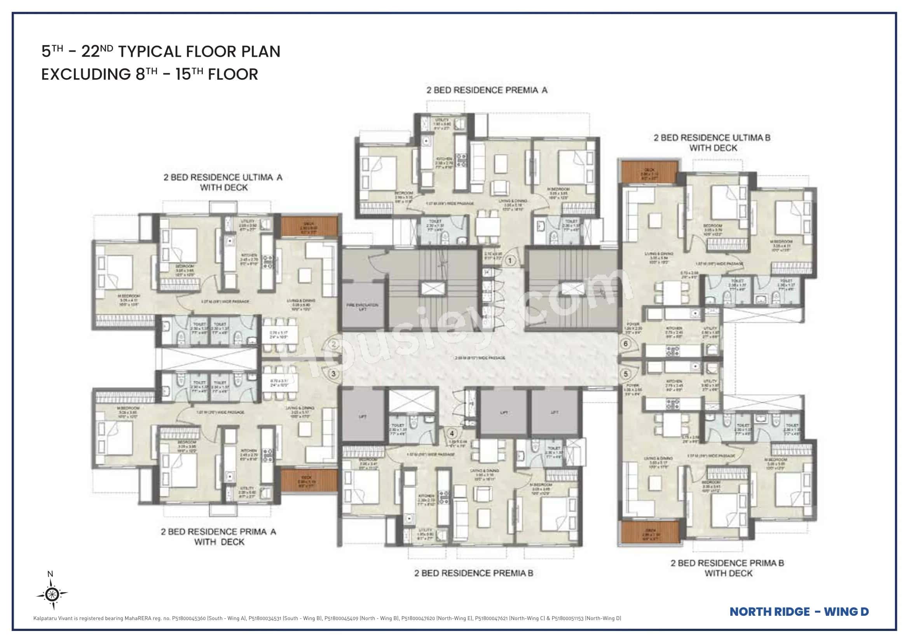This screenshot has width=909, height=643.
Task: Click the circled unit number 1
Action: pyautogui.click(x=510, y=260)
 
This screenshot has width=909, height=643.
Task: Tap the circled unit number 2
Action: pyautogui.click(x=334, y=344)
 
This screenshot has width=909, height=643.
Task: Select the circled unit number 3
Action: pyautogui.click(x=334, y=374)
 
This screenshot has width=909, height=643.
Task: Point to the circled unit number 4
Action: pyautogui.click(x=452, y=433)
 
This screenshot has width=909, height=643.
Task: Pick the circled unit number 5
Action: pyautogui.click(x=626, y=374)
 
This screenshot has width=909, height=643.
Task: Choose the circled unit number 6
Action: pyautogui.click(x=626, y=343)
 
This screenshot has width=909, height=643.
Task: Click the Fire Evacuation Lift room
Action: pyautogui.click(x=362, y=306)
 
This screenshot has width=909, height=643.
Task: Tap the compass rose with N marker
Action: pyautogui.click(x=52, y=594)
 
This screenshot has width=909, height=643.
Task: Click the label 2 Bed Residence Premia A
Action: pyautogui.click(x=487, y=90)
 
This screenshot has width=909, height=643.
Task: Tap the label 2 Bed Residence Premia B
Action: pyautogui.click(x=473, y=573)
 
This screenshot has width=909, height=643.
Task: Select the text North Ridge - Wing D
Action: pyautogui.click(x=799, y=612)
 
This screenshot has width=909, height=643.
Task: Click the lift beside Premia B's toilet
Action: pyautogui.click(x=363, y=416)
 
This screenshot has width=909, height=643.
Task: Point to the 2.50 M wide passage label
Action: pyautogui.click(x=480, y=358)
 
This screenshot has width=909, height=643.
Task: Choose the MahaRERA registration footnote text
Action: pyautogui.click(x=327, y=619)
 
